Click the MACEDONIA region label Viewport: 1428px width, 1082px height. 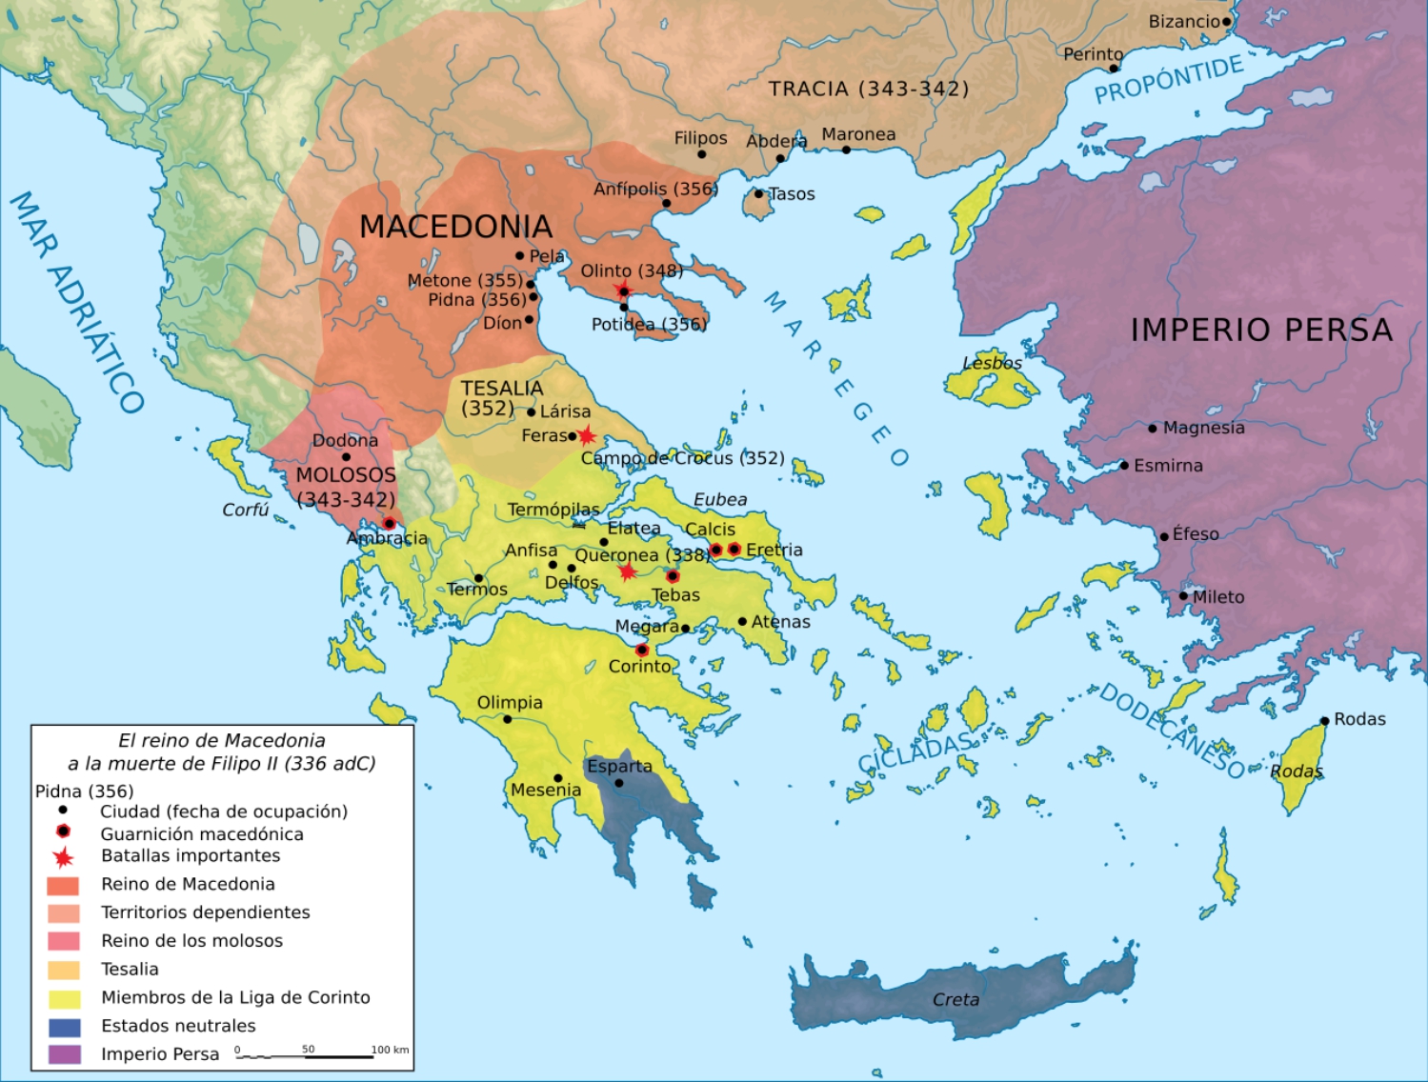(455, 227)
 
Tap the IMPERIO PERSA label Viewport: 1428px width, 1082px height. (1260, 330)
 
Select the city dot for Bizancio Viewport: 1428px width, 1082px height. (1227, 22)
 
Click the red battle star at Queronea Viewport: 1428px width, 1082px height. (627, 571)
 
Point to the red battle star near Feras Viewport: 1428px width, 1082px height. (586, 436)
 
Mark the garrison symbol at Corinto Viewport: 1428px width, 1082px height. (642, 650)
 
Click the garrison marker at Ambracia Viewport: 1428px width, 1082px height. (389, 523)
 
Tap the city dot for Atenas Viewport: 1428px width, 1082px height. (742, 621)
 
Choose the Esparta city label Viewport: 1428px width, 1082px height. (619, 766)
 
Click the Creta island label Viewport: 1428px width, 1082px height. (955, 999)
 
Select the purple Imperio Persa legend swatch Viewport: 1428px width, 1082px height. (64, 1054)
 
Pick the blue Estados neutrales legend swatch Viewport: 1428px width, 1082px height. (64, 1027)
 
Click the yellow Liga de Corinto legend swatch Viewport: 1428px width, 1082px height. (64, 998)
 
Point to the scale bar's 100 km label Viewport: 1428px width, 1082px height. (390, 1050)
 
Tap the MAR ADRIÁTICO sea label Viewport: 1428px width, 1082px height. (76, 301)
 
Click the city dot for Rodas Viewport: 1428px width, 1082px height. (1324, 721)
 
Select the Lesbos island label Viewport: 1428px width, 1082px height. (992, 363)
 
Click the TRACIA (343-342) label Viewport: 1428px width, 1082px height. (869, 89)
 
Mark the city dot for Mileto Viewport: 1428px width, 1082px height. (1184, 596)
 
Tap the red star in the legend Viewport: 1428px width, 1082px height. (64, 857)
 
